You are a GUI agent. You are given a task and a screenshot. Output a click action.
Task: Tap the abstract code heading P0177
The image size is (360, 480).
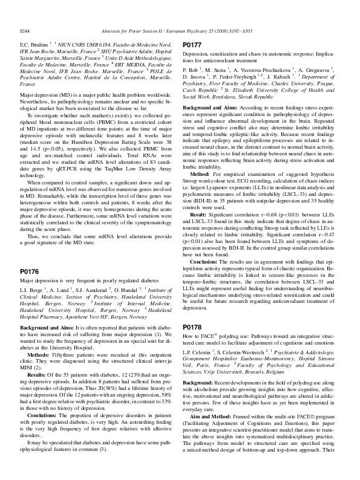tap(192, 45)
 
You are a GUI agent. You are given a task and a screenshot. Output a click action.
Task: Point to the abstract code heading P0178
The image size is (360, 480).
tap(192, 327)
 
